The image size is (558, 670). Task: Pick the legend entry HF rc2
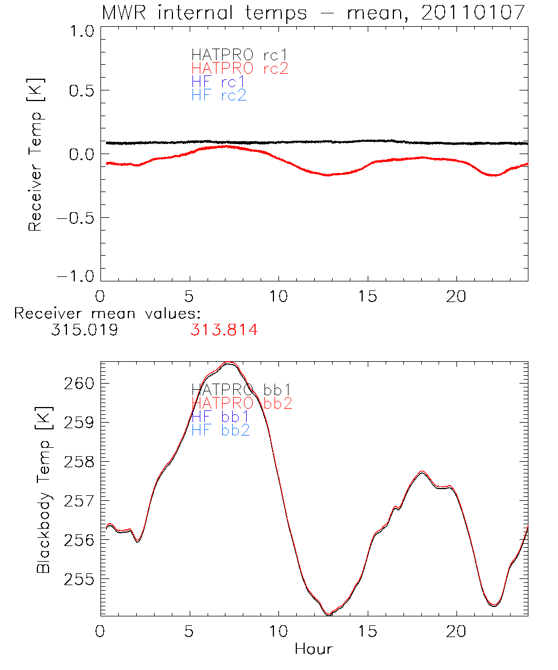[x=219, y=95]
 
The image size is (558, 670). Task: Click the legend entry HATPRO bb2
[x=242, y=403]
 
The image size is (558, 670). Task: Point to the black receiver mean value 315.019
[x=84, y=331]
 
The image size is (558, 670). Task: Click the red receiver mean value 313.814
[x=224, y=331]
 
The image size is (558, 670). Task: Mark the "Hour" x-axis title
[x=314, y=649]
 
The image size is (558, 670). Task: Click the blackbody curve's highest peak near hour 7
[x=229, y=363]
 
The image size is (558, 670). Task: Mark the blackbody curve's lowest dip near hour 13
[x=329, y=614]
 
